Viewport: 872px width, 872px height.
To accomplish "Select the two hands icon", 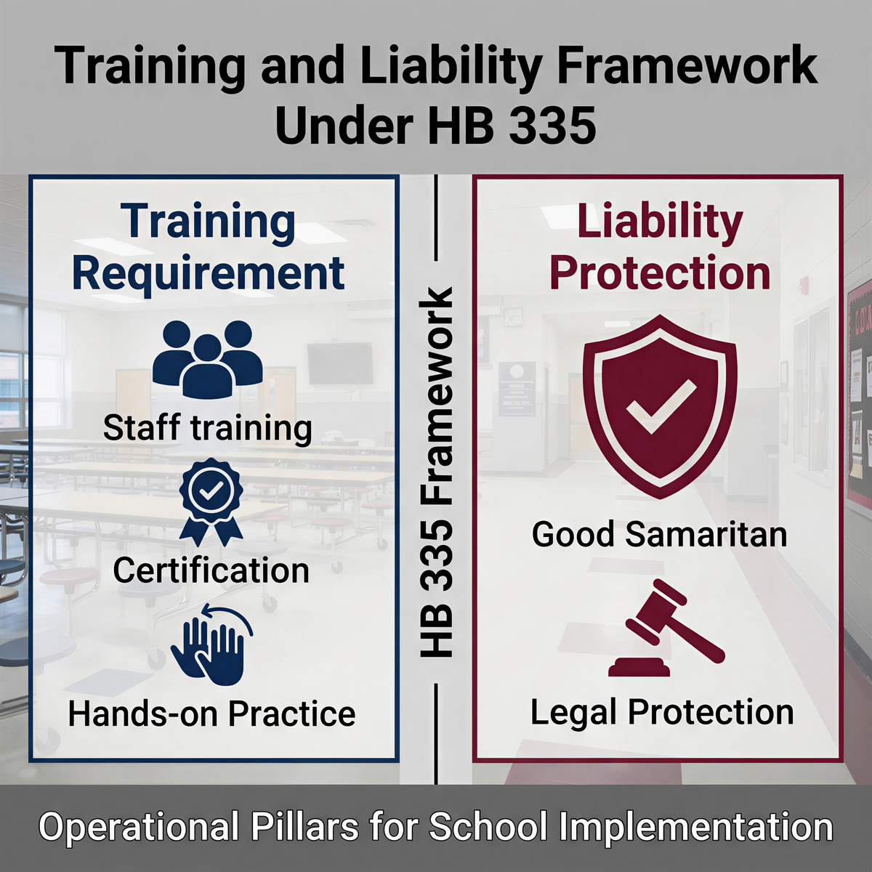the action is [x=211, y=643].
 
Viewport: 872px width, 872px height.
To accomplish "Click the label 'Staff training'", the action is [x=208, y=428].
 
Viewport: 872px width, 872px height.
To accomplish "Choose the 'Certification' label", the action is [x=211, y=570].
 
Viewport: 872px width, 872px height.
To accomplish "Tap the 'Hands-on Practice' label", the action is [x=211, y=714].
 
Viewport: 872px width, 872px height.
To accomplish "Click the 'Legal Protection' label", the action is [x=661, y=712].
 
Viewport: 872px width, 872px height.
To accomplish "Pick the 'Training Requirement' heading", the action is [x=209, y=248].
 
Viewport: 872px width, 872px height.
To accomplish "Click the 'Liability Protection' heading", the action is [x=661, y=248].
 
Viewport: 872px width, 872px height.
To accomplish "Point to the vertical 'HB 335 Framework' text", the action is [x=437, y=473].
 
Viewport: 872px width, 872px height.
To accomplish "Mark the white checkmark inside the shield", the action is [x=661, y=406].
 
